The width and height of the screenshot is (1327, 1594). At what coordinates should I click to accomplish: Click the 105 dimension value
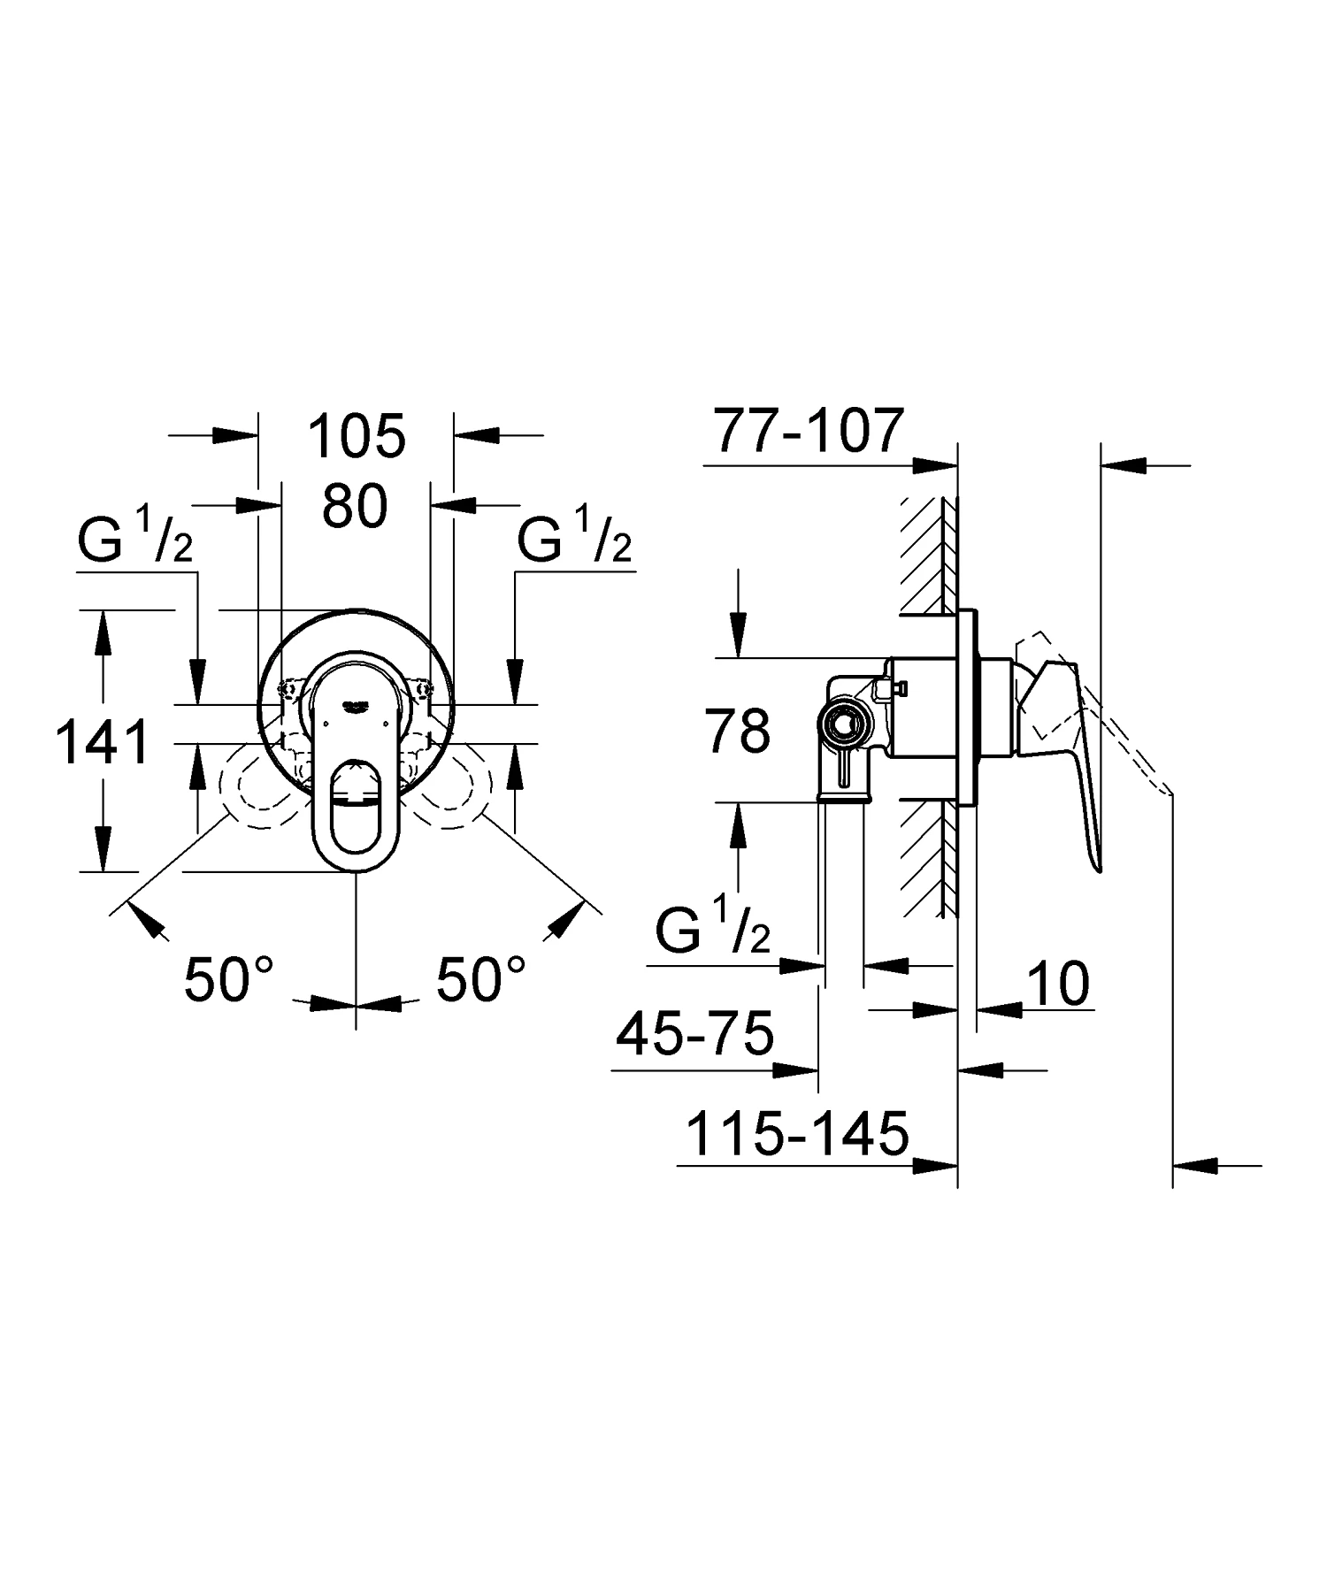click(357, 435)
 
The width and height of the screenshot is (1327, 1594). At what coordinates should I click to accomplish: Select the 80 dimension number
click(354, 507)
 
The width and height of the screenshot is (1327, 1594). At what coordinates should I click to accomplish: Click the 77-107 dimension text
click(809, 430)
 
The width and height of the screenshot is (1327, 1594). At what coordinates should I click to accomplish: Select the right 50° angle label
click(480, 979)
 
